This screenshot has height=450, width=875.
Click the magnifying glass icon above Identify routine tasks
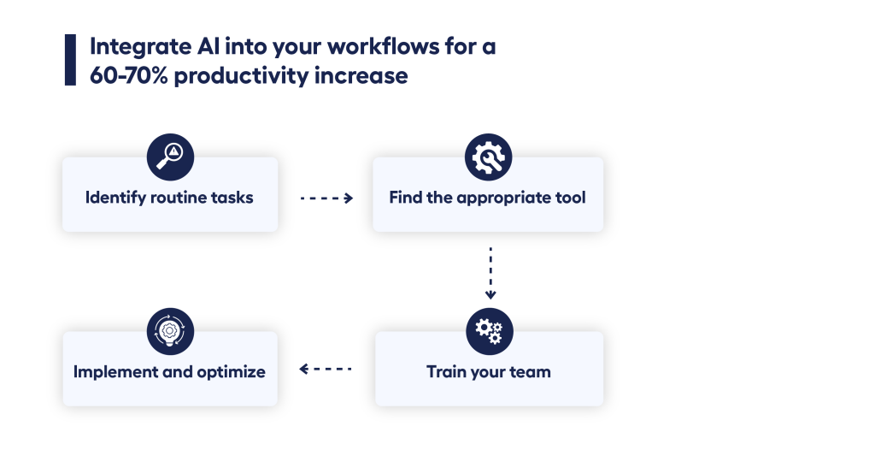pos(170,157)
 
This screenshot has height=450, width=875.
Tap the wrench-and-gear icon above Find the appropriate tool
pos(488,157)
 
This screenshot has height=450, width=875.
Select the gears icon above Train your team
pos(490,331)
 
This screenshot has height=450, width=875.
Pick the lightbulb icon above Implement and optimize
pos(170,331)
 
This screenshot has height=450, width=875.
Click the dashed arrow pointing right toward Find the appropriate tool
pos(326,198)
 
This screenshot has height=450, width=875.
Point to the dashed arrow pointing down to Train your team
pos(490,274)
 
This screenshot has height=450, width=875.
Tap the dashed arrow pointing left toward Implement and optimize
pos(326,369)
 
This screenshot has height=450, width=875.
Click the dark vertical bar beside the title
pos(70,60)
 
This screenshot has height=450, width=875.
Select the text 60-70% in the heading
pos(128,75)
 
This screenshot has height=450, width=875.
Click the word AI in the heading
pos(208,46)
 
